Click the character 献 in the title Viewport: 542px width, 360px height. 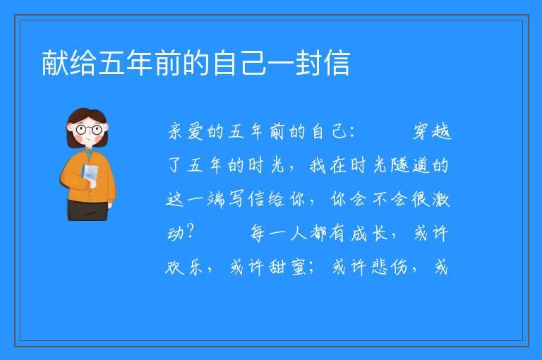(x=55, y=63)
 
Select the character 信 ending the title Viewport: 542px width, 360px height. (x=337, y=63)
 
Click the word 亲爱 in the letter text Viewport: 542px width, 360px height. (x=186, y=132)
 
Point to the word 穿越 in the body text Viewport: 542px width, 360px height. (x=432, y=132)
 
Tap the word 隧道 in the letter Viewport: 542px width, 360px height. (x=410, y=165)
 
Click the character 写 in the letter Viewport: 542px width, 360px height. (x=236, y=199)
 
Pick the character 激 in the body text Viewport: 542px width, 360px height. (x=440, y=199)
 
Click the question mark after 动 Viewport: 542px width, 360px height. (x=190, y=232)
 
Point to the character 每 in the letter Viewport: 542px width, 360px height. (x=258, y=233)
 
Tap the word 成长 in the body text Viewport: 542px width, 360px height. (x=369, y=233)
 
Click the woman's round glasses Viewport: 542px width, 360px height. (x=88, y=130)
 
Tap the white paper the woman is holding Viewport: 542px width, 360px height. (x=90, y=174)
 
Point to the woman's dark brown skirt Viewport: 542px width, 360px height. (x=88, y=210)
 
